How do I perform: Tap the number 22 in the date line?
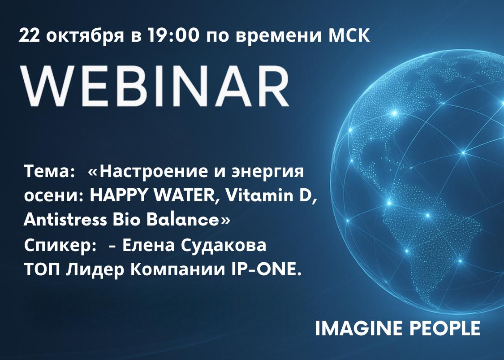coord(30,35)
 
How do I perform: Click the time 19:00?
coord(173,35)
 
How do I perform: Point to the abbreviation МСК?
coord(349,35)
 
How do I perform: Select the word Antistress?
coord(65,220)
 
